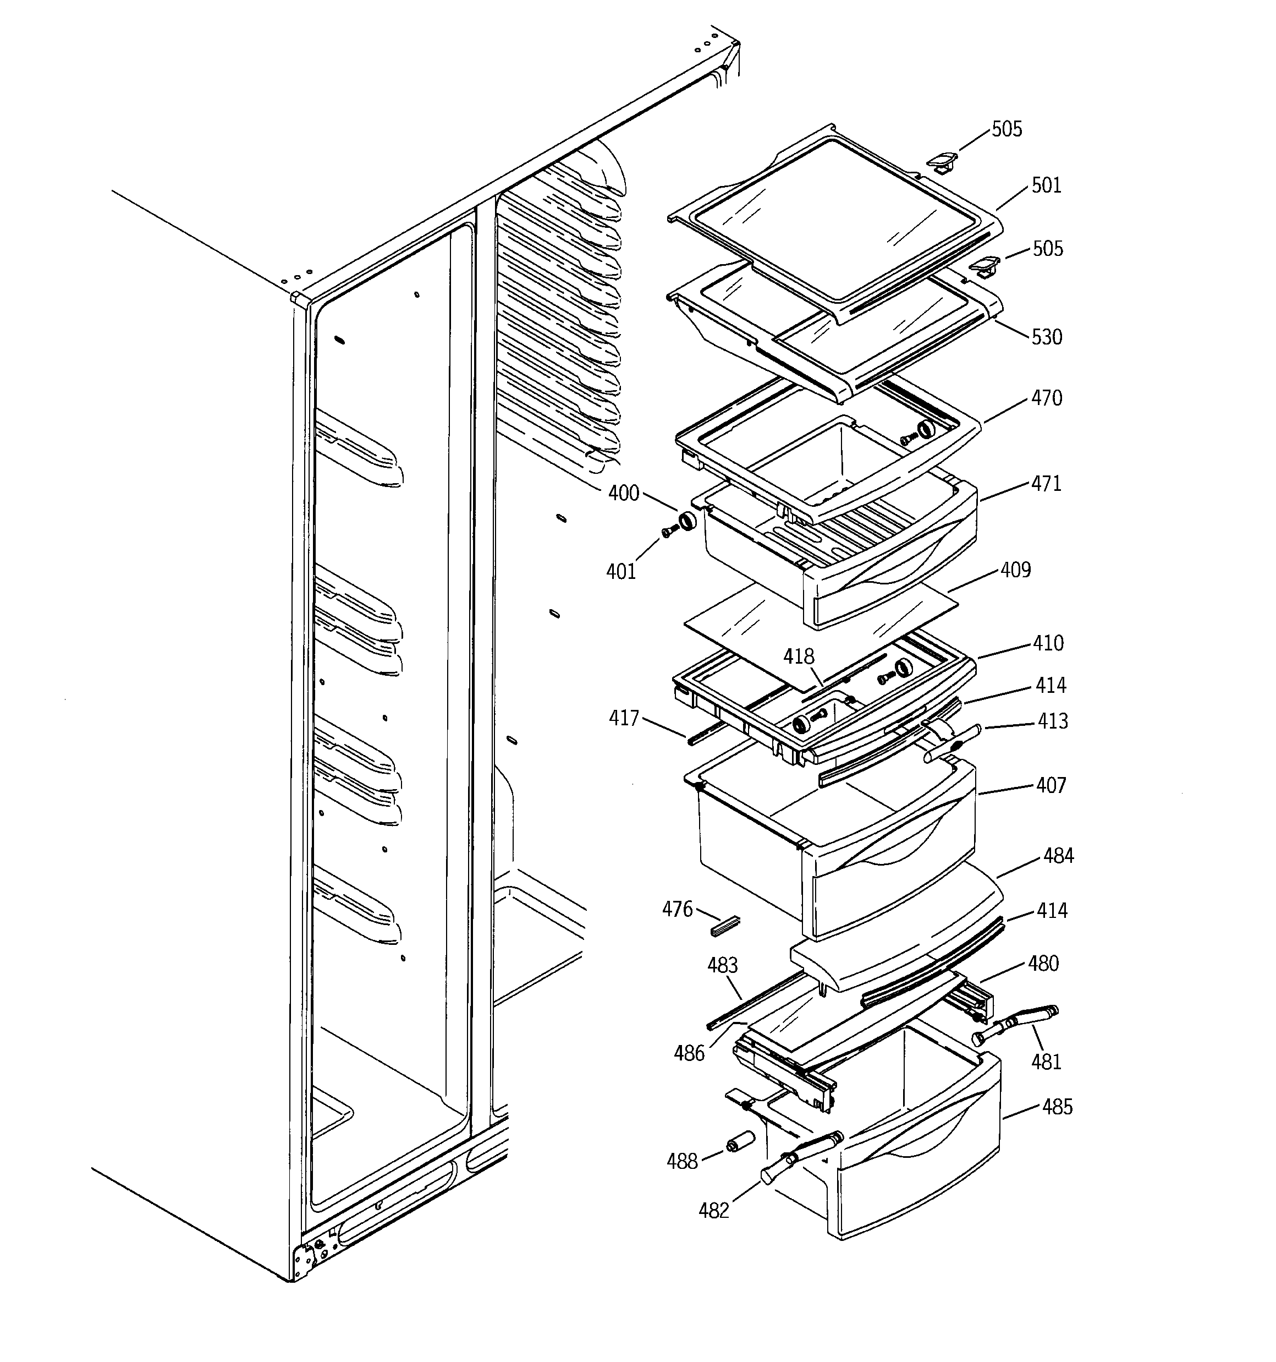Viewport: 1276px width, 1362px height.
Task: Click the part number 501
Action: click(x=1046, y=185)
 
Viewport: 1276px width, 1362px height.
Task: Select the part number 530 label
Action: click(x=1047, y=337)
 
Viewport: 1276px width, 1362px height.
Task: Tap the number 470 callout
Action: click(x=1047, y=398)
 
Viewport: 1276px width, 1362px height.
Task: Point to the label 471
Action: click(x=1046, y=484)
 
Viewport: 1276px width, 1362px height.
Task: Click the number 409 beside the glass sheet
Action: click(x=1015, y=570)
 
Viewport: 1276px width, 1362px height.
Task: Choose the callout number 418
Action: click(x=799, y=657)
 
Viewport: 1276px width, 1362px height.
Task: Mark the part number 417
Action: click(x=624, y=718)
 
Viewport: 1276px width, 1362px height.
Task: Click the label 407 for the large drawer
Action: click(x=1050, y=785)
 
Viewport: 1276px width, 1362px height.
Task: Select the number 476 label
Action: click(x=678, y=909)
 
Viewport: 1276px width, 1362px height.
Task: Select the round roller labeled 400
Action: click(x=687, y=521)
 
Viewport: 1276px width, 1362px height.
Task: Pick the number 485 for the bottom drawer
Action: click(x=1057, y=1107)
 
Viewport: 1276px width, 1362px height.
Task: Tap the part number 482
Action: click(x=714, y=1211)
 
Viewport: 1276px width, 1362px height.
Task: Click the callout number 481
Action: click(x=1046, y=1062)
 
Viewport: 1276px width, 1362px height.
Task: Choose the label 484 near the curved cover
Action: click(x=1058, y=856)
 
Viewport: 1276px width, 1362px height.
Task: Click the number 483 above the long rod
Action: click(x=722, y=965)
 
